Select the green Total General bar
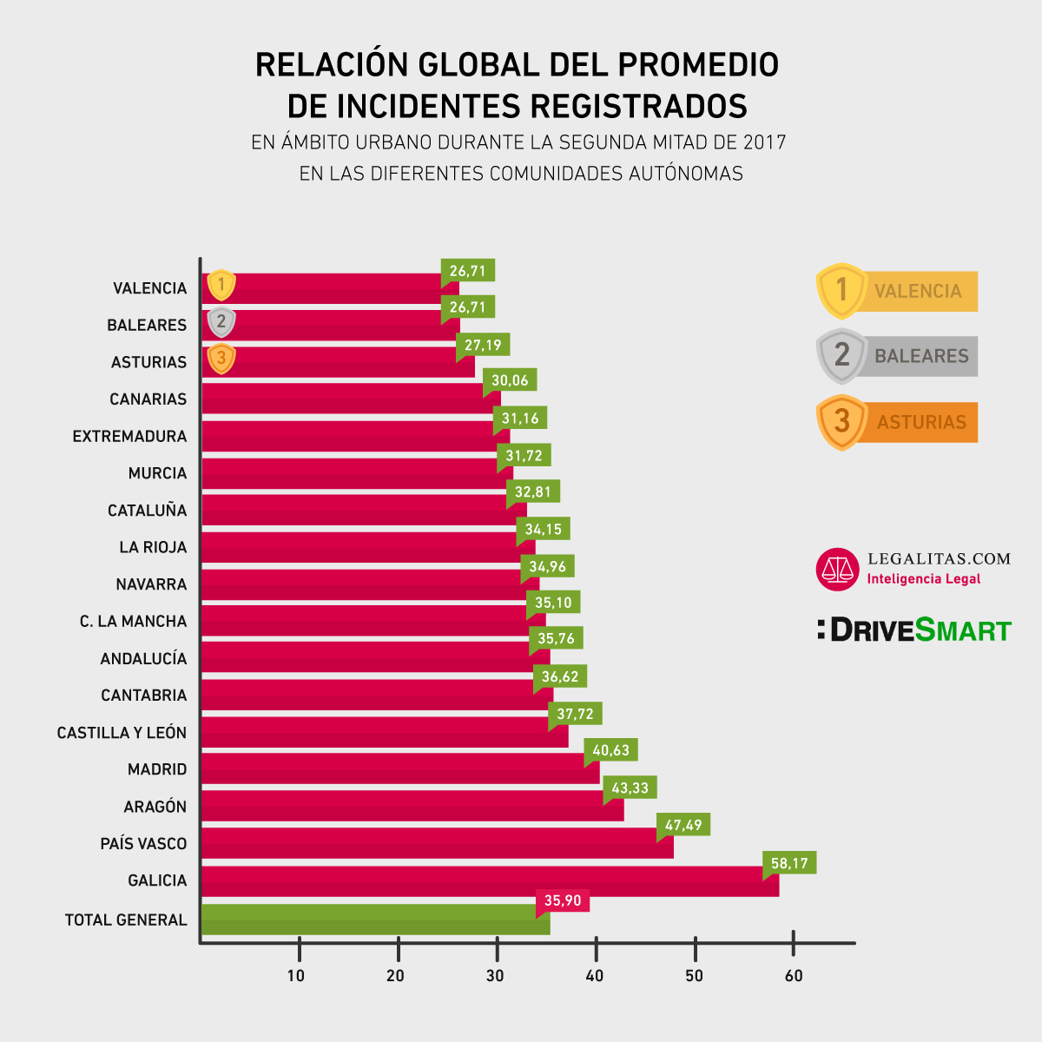pyautogui.click(x=374, y=920)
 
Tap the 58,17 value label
pyautogui.click(x=789, y=863)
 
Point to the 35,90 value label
pyautogui.click(x=563, y=901)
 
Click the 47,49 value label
pyautogui.click(x=683, y=825)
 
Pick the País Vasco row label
pyautogui.click(x=143, y=844)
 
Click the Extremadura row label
pyautogui.click(x=129, y=436)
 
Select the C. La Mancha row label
pyautogui.click(x=133, y=622)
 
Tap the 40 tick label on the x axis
pyautogui.click(x=595, y=976)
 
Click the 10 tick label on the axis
pyautogui.click(x=296, y=976)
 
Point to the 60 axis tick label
pyautogui.click(x=794, y=976)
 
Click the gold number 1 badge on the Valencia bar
pyautogui.click(x=221, y=284)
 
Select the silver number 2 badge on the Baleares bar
pyautogui.click(x=221, y=322)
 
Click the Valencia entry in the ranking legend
pyautogui.click(x=898, y=291)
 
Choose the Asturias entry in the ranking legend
pyautogui.click(x=898, y=422)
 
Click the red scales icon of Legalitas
pyautogui.click(x=837, y=570)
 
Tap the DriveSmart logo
pyautogui.click(x=914, y=630)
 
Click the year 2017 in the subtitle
pyautogui.click(x=764, y=142)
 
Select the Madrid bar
pyautogui.click(x=399, y=769)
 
